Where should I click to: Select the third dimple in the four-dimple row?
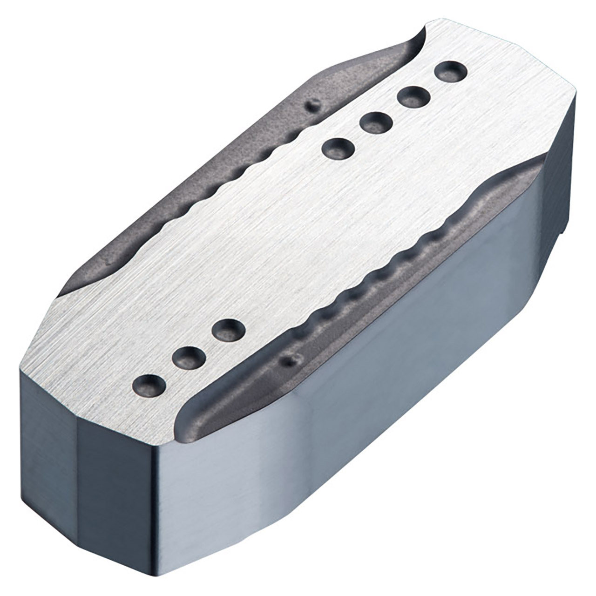(x=376, y=122)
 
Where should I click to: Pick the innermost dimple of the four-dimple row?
(x=339, y=149)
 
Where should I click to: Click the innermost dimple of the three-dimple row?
(x=228, y=330)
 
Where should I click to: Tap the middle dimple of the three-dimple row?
(x=189, y=358)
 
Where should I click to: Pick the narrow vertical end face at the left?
(x=47, y=438)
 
